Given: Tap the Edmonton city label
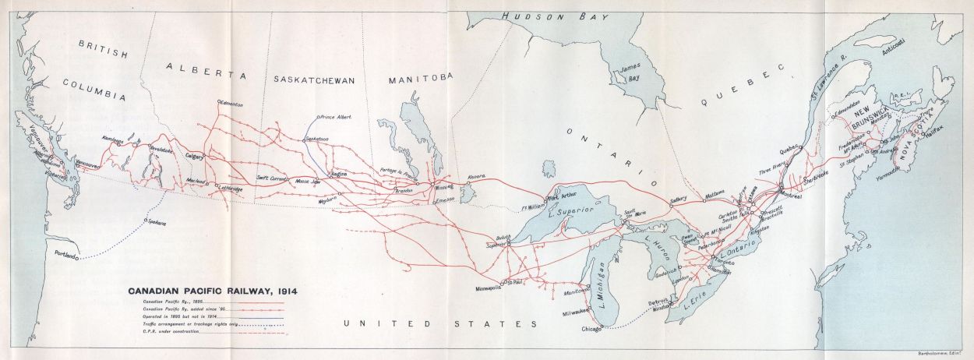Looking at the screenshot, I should point(233,104).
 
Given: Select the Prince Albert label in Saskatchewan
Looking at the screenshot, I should point(336,117).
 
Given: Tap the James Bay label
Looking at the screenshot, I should point(628,73).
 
